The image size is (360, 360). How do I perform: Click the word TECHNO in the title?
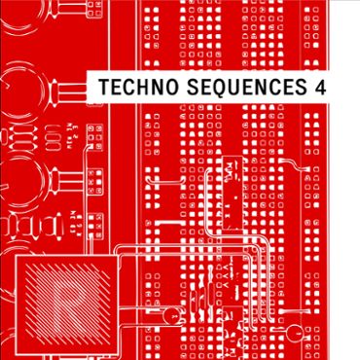(128, 88)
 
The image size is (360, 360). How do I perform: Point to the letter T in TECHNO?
(95, 88)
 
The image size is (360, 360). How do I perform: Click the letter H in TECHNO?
(134, 88)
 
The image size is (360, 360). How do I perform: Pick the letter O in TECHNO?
(162, 88)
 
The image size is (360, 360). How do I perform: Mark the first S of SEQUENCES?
(181, 88)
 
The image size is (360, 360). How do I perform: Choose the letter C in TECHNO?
(121, 88)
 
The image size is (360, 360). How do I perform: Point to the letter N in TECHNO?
(148, 88)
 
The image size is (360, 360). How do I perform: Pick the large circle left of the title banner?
(39, 92)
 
